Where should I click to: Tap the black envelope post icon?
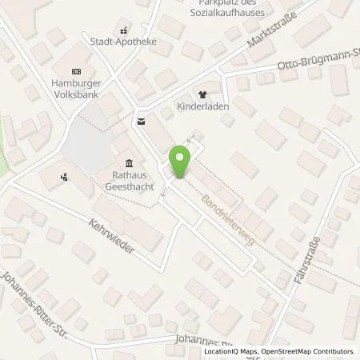(x=142, y=121)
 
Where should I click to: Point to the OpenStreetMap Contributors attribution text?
(x=314, y=351)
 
